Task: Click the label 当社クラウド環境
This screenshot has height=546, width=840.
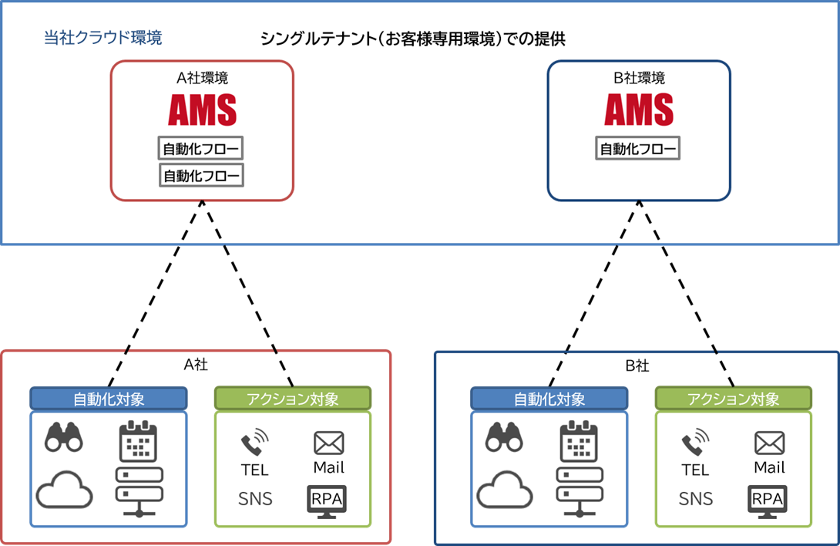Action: [x=103, y=38]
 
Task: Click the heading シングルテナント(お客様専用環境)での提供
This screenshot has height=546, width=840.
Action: [x=413, y=39]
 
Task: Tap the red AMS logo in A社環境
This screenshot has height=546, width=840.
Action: [x=202, y=110]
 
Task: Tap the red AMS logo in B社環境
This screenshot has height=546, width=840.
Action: [x=638, y=110]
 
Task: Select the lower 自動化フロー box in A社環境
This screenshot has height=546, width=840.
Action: [x=201, y=176]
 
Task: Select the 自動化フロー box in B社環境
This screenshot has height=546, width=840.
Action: [x=638, y=149]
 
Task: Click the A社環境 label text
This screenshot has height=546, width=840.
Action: [x=202, y=78]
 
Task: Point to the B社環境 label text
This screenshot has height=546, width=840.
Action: [x=638, y=78]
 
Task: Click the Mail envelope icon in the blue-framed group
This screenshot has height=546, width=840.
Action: [x=768, y=443]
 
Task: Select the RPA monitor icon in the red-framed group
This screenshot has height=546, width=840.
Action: [x=327, y=499]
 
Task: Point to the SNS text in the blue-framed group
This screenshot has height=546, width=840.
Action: [x=696, y=499]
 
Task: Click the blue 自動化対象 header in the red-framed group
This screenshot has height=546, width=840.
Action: [x=109, y=399]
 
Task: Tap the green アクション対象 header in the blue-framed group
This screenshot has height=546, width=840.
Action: [x=733, y=399]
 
